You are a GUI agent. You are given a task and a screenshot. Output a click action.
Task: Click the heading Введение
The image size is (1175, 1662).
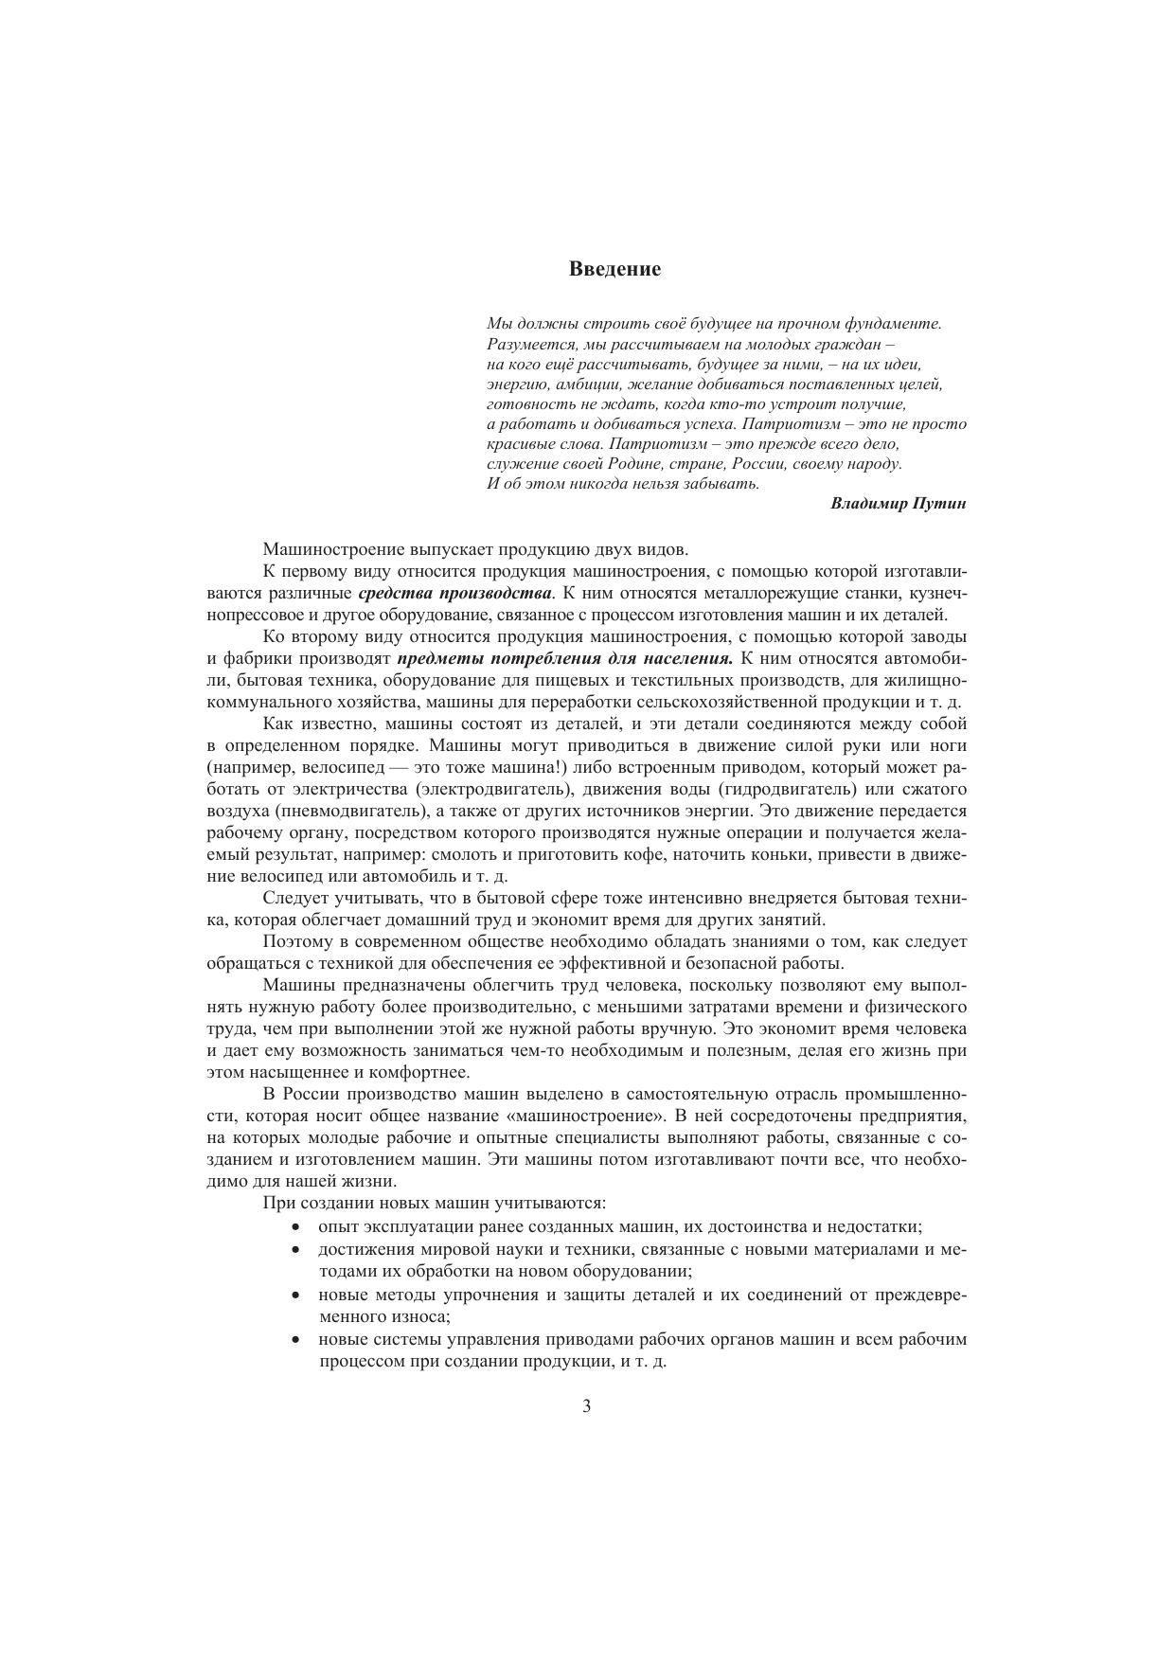pos(614,269)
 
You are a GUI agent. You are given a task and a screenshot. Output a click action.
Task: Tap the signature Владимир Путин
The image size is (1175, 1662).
pos(898,504)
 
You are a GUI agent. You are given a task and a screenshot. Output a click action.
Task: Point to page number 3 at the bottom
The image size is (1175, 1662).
pos(587,1406)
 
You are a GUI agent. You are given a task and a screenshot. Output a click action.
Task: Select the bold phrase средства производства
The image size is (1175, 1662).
pos(455,594)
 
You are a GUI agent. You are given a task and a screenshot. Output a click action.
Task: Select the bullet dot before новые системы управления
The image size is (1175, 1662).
pos(297,1340)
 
